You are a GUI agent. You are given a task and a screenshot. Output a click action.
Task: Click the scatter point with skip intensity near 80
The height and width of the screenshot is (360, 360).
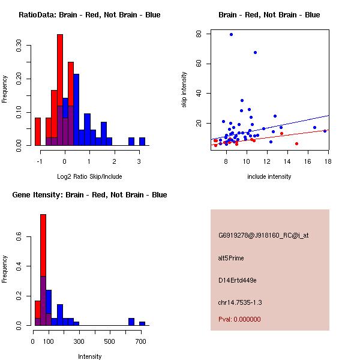coord(231,34)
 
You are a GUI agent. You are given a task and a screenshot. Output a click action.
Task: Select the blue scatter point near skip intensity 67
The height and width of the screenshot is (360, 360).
coord(255,53)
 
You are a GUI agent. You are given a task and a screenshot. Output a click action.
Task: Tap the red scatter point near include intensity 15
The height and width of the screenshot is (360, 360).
coord(296,143)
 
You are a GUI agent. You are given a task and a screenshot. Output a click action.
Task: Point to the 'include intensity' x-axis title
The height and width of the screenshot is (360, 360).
coord(269,177)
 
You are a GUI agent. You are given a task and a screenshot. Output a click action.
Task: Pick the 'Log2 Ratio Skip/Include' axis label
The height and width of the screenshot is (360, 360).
coord(89,177)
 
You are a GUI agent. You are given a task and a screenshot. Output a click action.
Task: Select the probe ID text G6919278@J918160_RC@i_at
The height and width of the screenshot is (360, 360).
coord(263,236)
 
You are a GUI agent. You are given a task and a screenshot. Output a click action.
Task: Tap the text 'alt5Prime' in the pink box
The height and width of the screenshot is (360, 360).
coord(232,259)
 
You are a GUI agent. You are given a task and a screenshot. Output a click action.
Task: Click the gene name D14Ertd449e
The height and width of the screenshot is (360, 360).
coord(238,281)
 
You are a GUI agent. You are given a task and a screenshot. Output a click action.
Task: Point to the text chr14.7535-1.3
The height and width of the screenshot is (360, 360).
coord(240,302)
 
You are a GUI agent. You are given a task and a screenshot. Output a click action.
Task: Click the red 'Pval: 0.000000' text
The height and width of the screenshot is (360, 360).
coord(239,320)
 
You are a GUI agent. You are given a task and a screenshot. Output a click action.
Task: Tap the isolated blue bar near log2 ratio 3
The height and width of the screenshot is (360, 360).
coord(142,142)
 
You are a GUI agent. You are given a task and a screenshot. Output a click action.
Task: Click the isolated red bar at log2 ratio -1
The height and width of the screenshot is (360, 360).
coord(38,131)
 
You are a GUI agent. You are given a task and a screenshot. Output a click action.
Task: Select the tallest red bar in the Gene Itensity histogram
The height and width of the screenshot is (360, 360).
coord(43,270)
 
